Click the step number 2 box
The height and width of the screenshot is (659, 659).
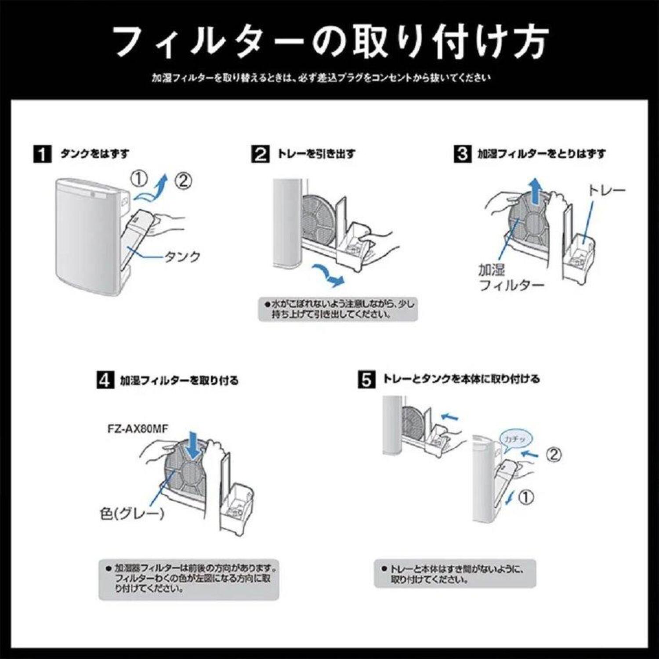point(260,154)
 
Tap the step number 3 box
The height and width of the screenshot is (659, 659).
point(462,154)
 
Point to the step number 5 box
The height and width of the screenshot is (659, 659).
point(366,380)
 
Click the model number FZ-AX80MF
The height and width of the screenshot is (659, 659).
point(138,429)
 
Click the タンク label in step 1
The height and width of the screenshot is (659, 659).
point(182,257)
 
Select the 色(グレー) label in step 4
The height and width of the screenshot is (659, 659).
point(132,513)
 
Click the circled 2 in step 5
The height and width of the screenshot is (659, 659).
point(554,454)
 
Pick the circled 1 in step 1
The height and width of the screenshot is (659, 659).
point(138,179)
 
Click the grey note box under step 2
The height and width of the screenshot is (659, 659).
point(337,309)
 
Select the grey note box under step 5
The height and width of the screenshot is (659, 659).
point(455,574)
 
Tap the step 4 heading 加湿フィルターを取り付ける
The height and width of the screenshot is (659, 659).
point(179,380)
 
